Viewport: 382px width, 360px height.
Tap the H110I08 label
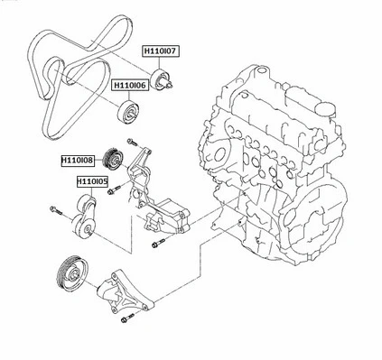tap(78, 160)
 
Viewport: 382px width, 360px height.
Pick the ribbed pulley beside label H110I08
tap(115, 156)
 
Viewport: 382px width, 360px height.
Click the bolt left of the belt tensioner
tap(53, 213)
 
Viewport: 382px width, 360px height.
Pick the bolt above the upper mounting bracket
tap(133, 143)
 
